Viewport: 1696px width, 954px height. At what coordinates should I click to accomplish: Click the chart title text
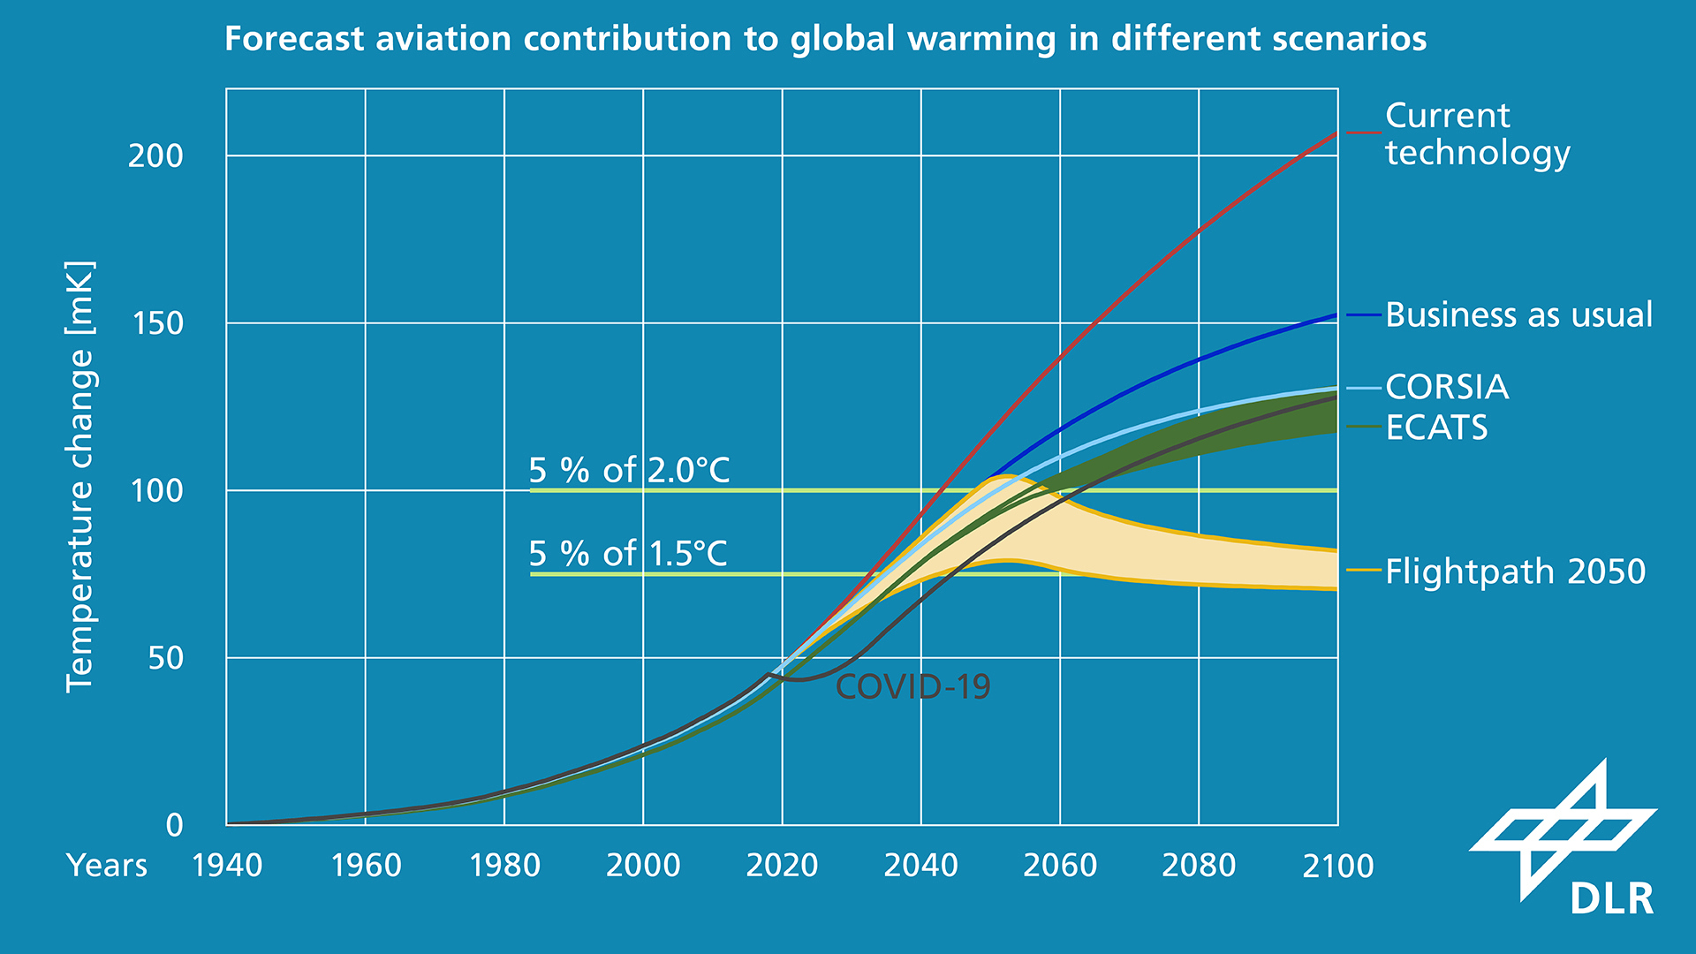tap(825, 40)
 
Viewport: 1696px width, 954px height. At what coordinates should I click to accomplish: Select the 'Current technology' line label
tap(1477, 134)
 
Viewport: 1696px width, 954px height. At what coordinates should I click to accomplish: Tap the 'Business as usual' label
tap(1518, 315)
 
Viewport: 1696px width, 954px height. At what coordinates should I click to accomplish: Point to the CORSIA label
tap(1446, 388)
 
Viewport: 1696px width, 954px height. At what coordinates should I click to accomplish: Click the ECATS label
tap(1436, 428)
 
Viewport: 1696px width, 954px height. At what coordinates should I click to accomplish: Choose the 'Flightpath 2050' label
tap(1515, 572)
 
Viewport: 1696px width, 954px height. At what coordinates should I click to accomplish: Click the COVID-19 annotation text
tap(912, 687)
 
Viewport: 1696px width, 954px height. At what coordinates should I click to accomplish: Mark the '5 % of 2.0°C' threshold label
tap(629, 471)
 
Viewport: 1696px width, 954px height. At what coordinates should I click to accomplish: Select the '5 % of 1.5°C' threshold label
tap(627, 555)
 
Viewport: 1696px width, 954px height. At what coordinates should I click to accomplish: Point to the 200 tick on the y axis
tap(155, 156)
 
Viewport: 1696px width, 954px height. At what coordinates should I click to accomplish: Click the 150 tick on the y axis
tap(156, 324)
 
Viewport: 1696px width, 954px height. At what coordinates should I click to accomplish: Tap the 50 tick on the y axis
tap(165, 659)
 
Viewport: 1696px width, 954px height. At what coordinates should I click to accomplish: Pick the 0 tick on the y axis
tap(175, 826)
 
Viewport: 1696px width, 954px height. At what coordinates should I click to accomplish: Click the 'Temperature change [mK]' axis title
tap(79, 477)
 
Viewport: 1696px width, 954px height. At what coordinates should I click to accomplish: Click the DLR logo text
tap(1611, 900)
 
